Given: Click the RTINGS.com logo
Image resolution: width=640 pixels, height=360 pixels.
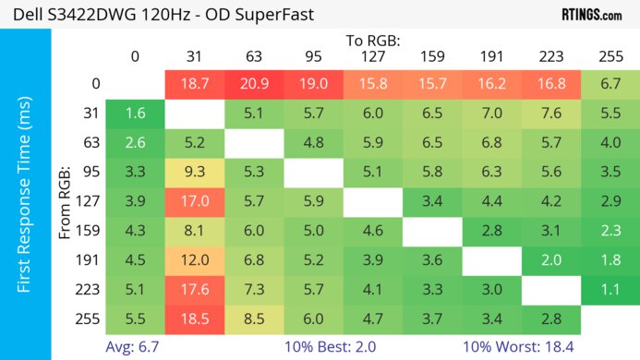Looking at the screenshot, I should [x=591, y=16].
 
